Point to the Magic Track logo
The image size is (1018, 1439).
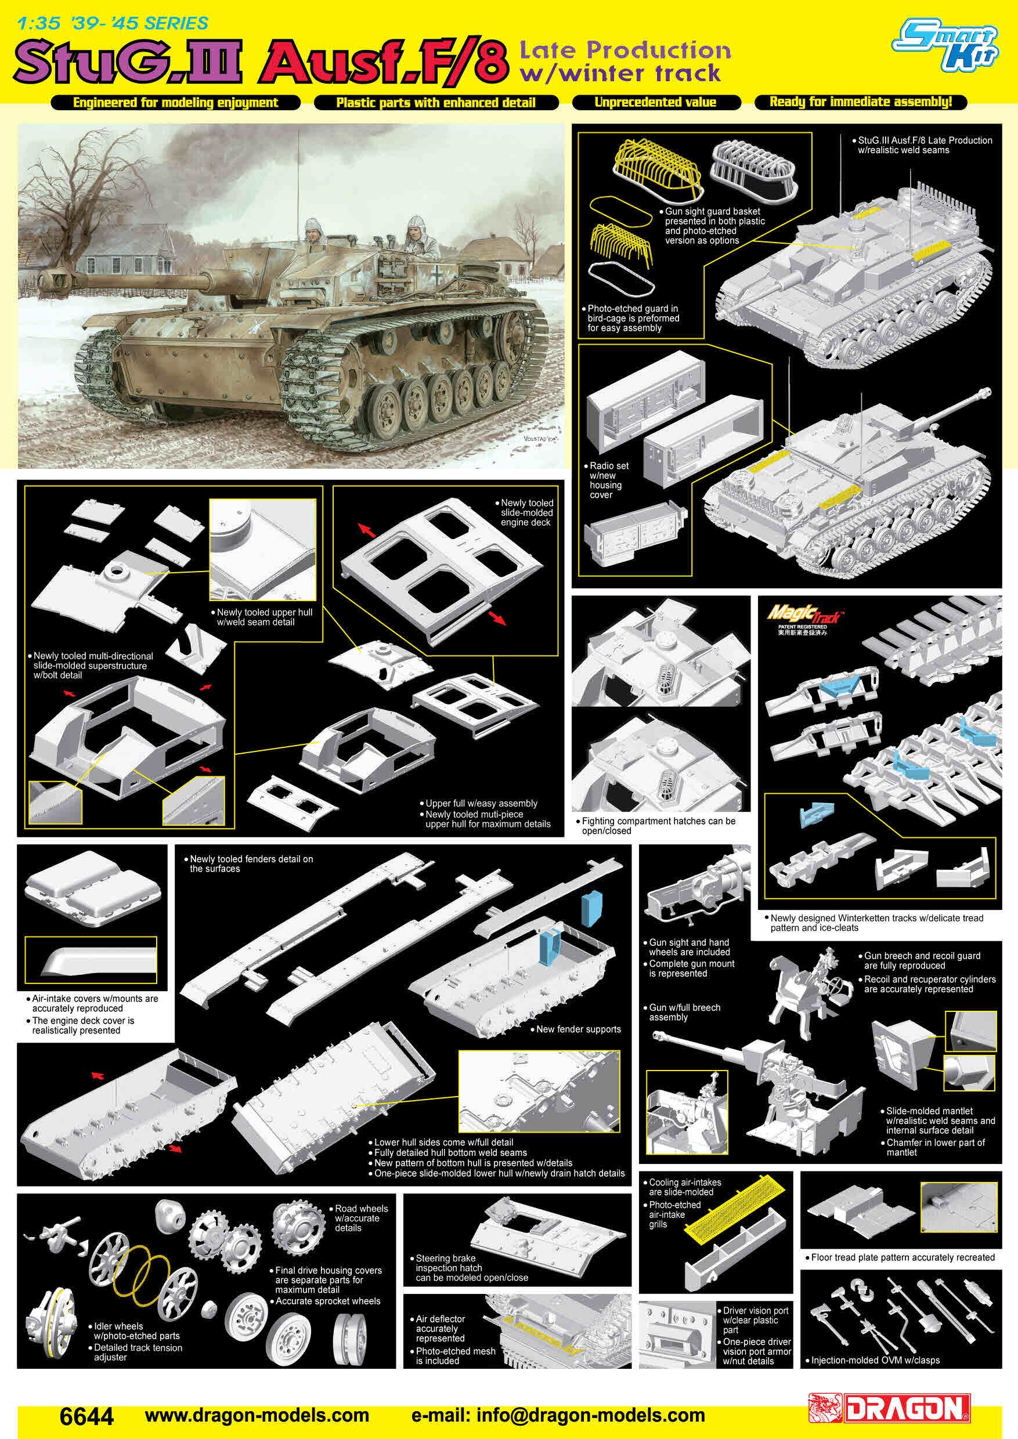click(x=805, y=613)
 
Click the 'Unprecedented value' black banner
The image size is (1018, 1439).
click(x=656, y=102)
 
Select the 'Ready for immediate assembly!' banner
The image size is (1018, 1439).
click(x=860, y=102)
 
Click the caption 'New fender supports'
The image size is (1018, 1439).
click(x=578, y=1029)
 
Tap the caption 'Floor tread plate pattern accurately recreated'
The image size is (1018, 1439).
click(x=902, y=1257)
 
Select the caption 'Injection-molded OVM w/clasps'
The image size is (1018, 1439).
click(x=875, y=1360)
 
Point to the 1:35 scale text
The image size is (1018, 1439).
click(x=39, y=24)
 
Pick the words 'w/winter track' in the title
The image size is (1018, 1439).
click(x=620, y=74)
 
